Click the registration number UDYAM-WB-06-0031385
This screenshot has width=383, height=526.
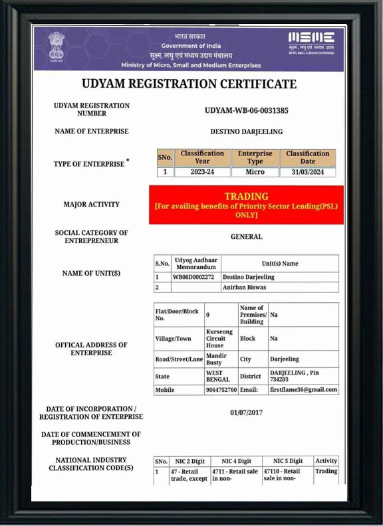[246, 110]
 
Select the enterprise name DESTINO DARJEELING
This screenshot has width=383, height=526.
[246, 131]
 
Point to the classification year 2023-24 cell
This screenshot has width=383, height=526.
[202, 172]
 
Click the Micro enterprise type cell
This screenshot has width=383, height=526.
[255, 172]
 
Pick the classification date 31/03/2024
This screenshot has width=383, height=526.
[307, 172]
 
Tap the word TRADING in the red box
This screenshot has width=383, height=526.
[246, 197]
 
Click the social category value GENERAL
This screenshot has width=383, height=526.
[246, 236]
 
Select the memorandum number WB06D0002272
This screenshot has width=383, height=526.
[193, 277]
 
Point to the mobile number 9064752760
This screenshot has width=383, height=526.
[221, 390]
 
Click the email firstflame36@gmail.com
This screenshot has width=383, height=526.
[303, 390]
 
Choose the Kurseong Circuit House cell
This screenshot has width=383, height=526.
[219, 338]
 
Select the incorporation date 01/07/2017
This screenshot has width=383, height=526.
[246, 412]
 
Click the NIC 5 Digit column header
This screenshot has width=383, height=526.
[287, 461]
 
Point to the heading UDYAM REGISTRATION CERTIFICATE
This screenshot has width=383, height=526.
[189, 84]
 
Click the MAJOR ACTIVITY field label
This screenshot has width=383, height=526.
[92, 205]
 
